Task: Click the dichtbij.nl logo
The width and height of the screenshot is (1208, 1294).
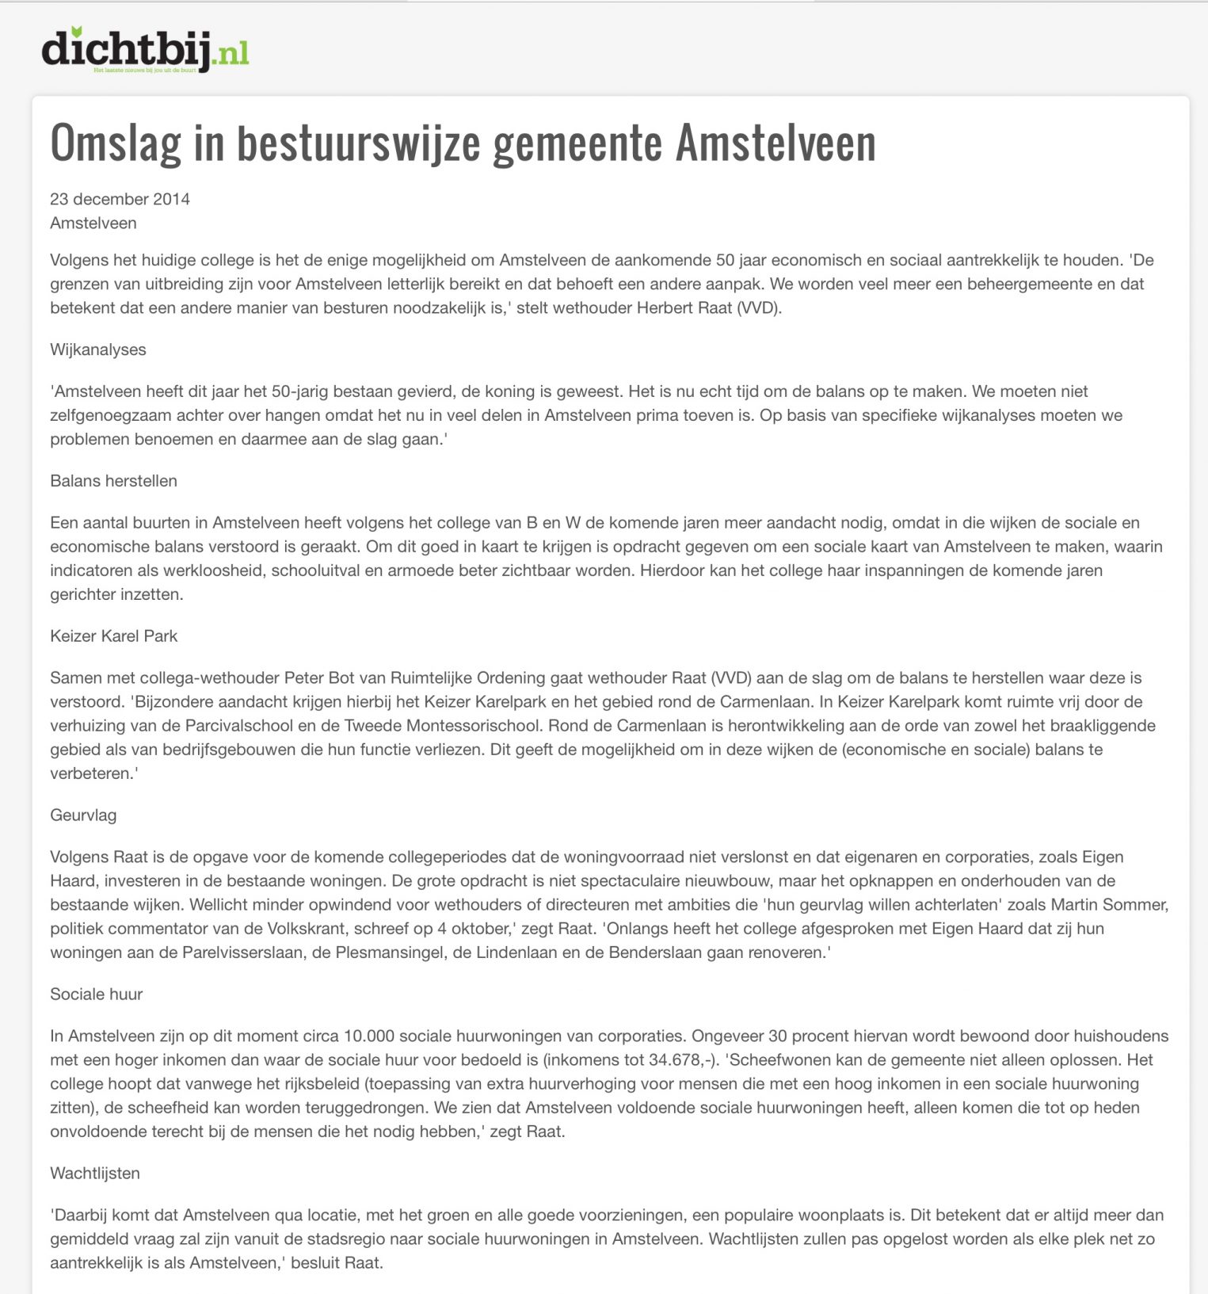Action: [x=145, y=49]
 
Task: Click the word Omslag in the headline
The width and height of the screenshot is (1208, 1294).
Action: [x=116, y=143]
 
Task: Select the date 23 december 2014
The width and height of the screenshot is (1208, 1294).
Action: [x=120, y=199]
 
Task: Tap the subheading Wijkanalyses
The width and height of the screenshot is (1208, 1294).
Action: [x=98, y=349]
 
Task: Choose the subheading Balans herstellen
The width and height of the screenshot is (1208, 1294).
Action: [x=113, y=481]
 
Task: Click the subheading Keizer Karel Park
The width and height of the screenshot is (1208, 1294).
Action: [x=113, y=636]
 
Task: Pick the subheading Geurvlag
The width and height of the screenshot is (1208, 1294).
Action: [x=83, y=815]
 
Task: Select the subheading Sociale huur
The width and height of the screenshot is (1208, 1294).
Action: [x=96, y=994]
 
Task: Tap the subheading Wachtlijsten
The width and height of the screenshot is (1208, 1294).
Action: [x=95, y=1174]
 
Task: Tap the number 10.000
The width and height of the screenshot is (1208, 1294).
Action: [x=368, y=1036]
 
